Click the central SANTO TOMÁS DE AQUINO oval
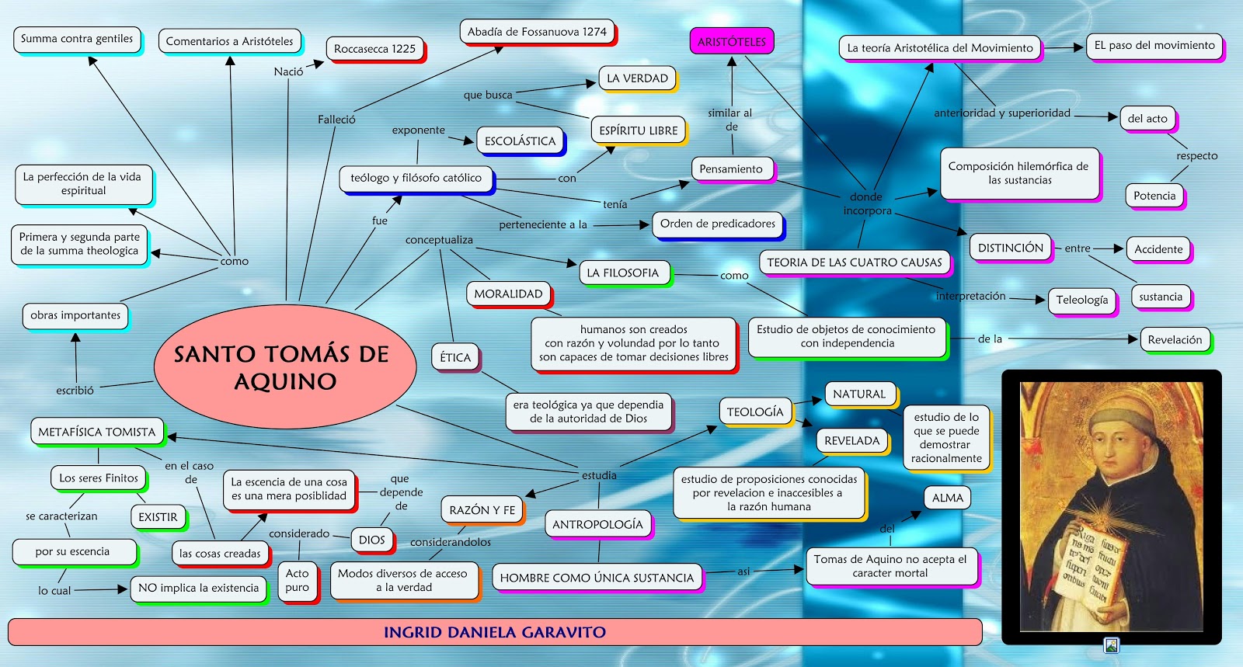point(285,367)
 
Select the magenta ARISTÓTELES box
point(731,42)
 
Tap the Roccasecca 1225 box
point(374,49)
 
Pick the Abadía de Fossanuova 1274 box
point(537,32)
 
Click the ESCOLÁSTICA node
point(520,141)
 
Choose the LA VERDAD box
point(637,78)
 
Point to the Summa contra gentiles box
point(77,39)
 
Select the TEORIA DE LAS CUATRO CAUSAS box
point(854,262)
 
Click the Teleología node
point(1081,300)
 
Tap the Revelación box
point(1175,339)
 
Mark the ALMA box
point(947,498)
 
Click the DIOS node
point(371,540)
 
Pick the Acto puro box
point(297,581)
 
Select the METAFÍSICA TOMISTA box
point(97,432)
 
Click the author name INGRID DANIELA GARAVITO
point(495,632)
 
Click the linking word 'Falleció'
point(336,120)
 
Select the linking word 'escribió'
point(75,391)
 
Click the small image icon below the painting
point(1112,645)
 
